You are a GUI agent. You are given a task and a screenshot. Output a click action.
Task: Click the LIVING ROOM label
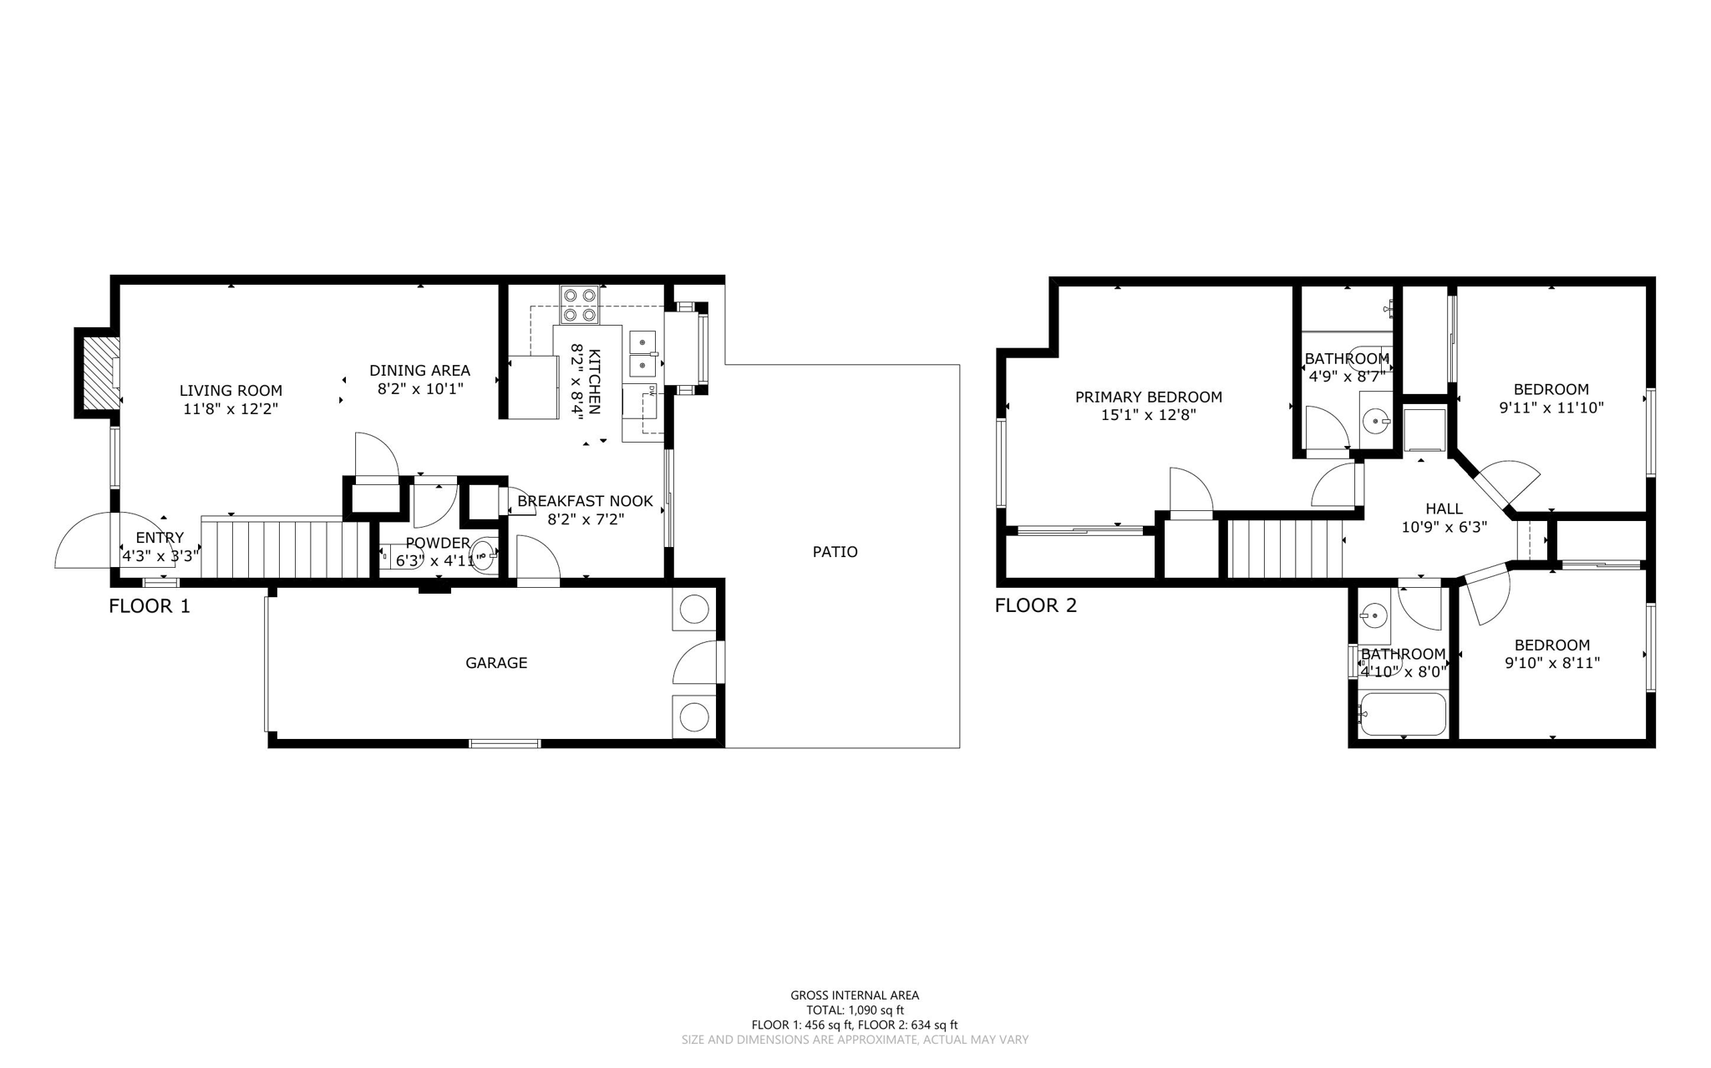tap(231, 390)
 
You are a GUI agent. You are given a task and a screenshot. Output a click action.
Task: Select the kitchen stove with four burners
tap(580, 305)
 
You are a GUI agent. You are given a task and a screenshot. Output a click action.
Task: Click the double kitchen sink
tap(642, 353)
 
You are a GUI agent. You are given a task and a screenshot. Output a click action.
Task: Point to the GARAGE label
tap(496, 663)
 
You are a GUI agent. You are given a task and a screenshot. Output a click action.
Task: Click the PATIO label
tap(835, 552)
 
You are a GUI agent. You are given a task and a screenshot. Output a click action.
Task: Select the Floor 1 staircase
tap(284, 548)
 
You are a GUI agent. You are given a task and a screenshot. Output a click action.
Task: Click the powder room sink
tap(484, 554)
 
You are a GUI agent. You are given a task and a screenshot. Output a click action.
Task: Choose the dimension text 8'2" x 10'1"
tap(419, 388)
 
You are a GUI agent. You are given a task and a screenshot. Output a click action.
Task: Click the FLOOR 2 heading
tap(1035, 606)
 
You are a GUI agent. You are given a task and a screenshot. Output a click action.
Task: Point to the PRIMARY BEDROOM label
tap(1148, 397)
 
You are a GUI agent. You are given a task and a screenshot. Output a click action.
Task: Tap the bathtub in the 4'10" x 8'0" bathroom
tap(1402, 714)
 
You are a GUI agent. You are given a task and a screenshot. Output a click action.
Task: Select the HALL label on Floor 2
tap(1444, 509)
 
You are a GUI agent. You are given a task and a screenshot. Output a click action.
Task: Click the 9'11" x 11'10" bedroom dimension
tap(1551, 407)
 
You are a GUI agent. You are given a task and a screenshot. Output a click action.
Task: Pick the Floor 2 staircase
tap(1285, 549)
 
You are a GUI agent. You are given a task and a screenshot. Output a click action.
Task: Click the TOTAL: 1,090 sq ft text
tap(855, 1010)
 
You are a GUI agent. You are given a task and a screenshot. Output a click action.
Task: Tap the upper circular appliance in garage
tap(693, 610)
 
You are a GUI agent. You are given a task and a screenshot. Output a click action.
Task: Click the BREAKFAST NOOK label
tap(585, 501)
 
